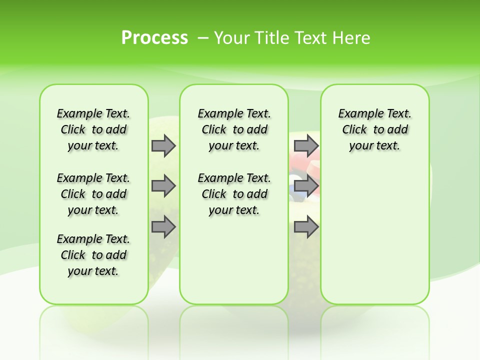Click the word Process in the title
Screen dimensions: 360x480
[154, 37]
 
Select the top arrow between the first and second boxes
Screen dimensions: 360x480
[163, 145]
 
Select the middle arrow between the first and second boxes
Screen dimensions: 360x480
[163, 186]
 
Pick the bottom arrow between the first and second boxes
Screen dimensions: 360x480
[163, 227]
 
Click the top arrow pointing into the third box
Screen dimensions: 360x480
[306, 145]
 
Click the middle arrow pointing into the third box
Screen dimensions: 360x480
[306, 186]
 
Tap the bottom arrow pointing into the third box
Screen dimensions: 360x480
[306, 227]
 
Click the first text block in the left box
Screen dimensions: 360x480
[93, 129]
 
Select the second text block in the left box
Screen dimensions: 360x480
[93, 194]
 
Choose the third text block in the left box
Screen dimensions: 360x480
[93, 255]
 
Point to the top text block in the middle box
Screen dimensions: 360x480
[234, 129]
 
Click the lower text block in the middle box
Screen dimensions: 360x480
[234, 194]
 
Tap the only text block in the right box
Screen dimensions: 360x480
[374, 129]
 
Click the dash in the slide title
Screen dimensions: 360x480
[203, 38]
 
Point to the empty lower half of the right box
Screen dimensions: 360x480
[374, 235]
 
